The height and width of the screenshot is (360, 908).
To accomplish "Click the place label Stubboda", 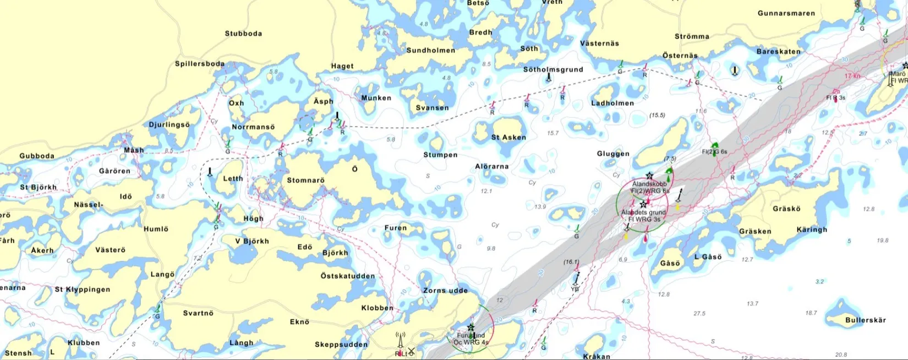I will (x=243, y=34).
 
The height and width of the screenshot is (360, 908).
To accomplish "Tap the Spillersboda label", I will (x=200, y=64).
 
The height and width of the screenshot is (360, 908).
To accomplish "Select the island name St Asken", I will (x=508, y=138).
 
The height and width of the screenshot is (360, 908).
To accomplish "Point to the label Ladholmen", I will (x=612, y=103).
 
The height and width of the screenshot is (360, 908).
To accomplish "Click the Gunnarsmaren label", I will (x=786, y=13).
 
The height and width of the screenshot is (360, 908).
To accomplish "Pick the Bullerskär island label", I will (x=866, y=320).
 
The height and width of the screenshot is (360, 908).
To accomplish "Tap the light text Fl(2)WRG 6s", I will (x=650, y=191).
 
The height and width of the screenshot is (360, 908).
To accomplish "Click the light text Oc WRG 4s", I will (x=471, y=342).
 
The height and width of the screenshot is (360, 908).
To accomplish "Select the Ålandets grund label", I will (x=643, y=212).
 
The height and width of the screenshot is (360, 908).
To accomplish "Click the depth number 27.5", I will (x=699, y=313).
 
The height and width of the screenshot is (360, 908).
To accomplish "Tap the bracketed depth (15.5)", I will (x=657, y=115).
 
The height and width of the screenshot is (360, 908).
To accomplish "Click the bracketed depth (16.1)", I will (x=571, y=262).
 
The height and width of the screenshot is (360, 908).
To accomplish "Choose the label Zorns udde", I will (x=445, y=291).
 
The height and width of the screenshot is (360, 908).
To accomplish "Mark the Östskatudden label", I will (x=348, y=276).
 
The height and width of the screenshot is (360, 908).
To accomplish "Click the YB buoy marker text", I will (x=575, y=289).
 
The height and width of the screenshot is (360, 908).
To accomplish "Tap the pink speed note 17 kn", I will (x=852, y=76).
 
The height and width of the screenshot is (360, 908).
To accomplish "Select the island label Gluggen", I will (x=613, y=154).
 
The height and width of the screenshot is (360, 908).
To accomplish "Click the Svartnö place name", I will (x=198, y=313).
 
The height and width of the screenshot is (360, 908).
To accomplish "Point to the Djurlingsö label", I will (x=169, y=125).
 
